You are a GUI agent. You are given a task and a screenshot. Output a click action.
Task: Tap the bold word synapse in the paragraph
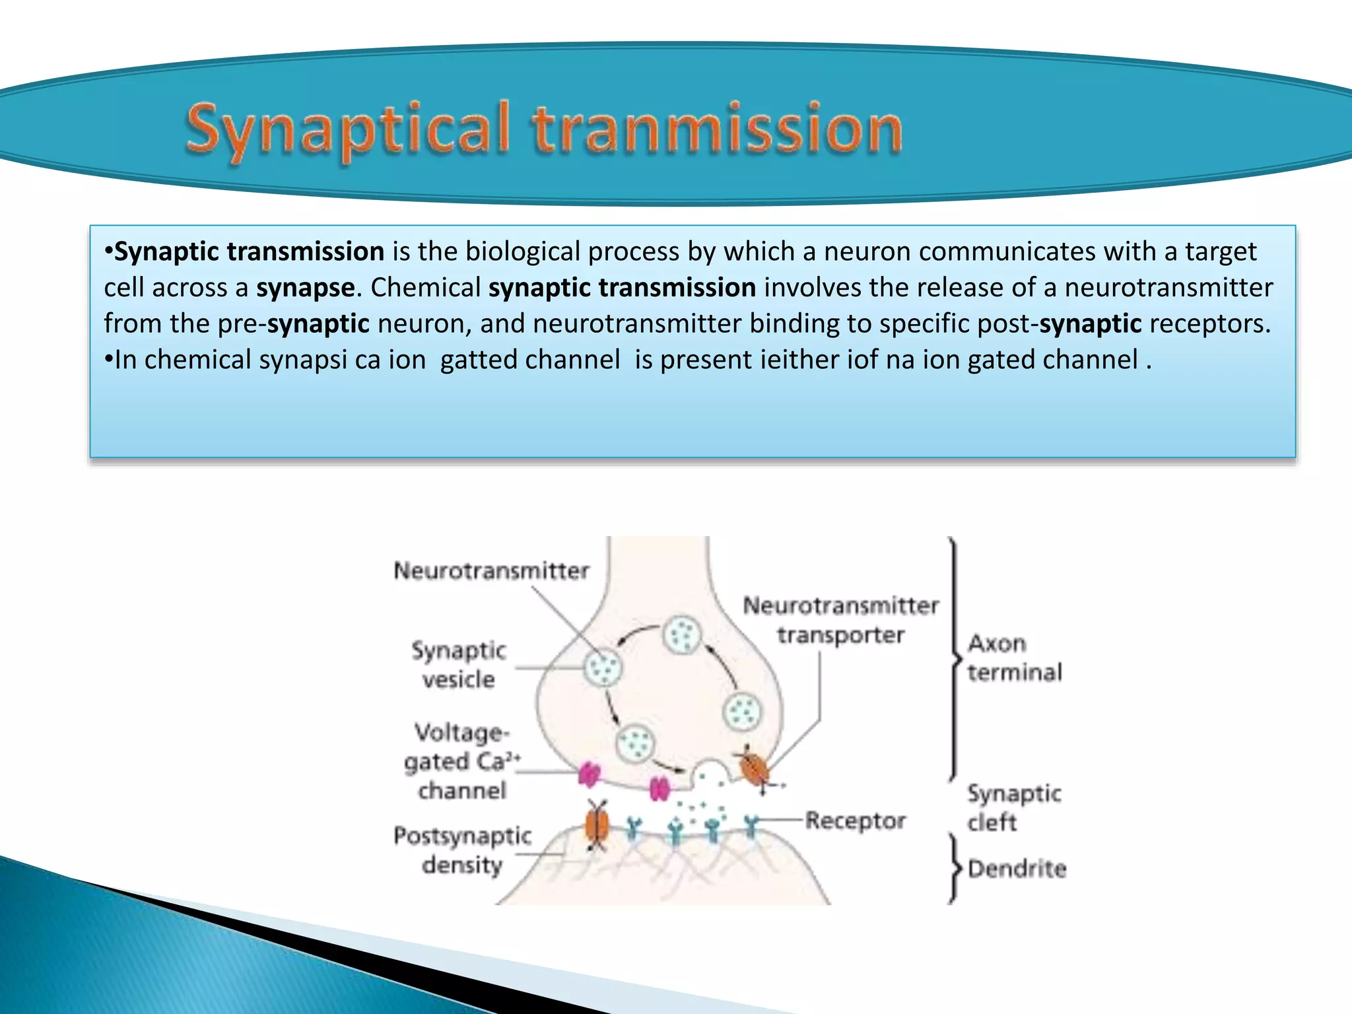point(305,288)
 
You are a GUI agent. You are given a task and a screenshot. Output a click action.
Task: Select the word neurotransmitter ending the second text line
point(1168,288)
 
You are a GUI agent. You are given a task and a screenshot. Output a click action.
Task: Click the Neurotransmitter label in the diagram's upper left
point(491,570)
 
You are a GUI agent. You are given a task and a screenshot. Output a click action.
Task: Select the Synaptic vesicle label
point(459,664)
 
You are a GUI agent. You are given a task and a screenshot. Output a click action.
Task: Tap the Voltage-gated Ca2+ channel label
point(462,761)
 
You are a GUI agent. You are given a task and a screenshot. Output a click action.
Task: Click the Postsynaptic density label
point(462,850)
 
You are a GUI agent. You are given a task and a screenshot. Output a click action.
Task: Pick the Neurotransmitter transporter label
point(840,620)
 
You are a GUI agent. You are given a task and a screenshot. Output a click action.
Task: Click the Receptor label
point(856,821)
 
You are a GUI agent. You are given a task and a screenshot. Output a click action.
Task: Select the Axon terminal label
point(1014,658)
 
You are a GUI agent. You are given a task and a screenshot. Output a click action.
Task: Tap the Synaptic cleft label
point(1014,807)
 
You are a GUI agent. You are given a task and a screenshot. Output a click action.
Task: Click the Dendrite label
point(1017,868)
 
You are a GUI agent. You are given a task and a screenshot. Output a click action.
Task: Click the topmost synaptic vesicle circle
point(681,635)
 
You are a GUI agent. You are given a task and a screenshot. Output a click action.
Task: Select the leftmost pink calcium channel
point(589,774)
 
